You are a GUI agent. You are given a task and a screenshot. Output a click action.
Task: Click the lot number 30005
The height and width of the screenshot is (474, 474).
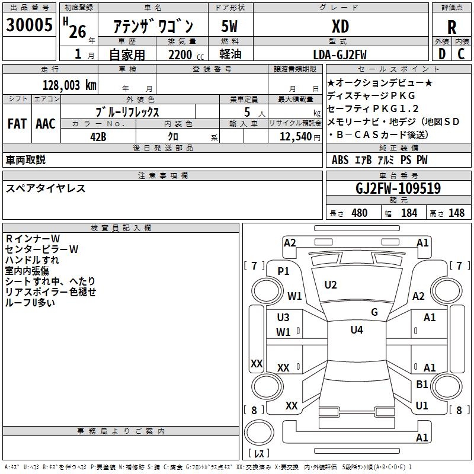(x=28, y=25)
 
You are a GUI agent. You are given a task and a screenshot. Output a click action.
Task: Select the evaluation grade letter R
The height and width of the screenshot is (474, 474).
(x=451, y=27)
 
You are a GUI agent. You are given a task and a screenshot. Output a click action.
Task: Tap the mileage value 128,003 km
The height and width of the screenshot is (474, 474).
(x=69, y=85)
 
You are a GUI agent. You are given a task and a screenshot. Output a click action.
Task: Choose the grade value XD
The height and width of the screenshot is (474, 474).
(x=340, y=27)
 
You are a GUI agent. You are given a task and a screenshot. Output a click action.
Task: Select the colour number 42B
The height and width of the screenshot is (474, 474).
(x=98, y=136)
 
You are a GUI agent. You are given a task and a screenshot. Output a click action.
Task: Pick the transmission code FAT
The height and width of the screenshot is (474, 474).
(x=17, y=124)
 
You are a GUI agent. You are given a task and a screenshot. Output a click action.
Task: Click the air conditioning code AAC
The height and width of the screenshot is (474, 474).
(x=45, y=124)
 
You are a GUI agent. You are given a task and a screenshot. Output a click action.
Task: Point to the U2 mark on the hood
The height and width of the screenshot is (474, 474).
(x=331, y=285)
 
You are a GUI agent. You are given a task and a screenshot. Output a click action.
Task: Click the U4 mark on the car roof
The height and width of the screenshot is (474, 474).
(x=356, y=330)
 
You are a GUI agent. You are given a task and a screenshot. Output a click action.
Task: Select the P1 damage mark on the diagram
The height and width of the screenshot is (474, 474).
(x=284, y=271)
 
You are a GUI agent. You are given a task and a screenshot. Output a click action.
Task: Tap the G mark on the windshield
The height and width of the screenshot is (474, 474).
(x=374, y=312)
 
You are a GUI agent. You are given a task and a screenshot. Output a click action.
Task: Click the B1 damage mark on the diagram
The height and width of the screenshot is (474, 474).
(x=422, y=385)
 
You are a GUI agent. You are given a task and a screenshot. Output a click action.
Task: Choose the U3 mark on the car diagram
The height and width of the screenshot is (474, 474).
(x=283, y=318)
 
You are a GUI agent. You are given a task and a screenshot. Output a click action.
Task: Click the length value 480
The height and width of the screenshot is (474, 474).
(x=359, y=213)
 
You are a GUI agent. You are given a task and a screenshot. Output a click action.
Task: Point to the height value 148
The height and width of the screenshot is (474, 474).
(x=456, y=213)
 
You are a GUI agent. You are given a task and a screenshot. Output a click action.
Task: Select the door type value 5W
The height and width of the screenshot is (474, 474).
(x=230, y=27)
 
